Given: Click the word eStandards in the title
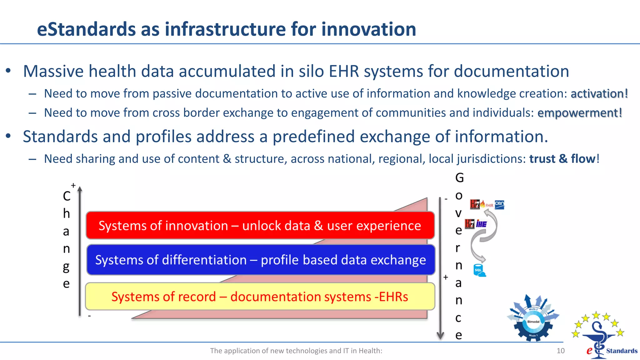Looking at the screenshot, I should [86, 29].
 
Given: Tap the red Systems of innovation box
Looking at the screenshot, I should [260, 225].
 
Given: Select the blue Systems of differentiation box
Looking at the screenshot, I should [261, 260].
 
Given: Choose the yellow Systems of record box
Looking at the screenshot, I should [260, 296].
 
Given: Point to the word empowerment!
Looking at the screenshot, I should [580, 113].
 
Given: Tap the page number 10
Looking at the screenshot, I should [560, 351].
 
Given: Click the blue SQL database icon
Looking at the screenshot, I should [479, 271].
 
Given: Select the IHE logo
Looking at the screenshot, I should [481, 224].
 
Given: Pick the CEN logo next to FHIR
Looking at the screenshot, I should [499, 205].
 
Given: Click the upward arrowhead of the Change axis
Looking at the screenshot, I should [80, 189].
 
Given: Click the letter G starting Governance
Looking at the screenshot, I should [459, 178].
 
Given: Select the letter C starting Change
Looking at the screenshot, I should [67, 196].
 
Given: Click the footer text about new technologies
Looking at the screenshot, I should [296, 351].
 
